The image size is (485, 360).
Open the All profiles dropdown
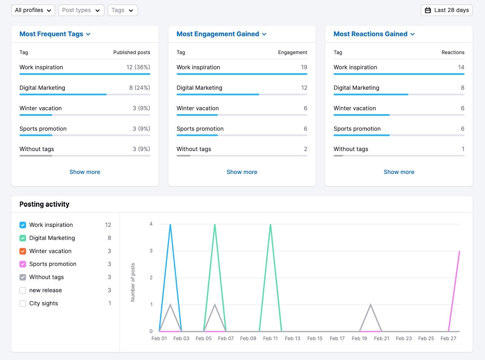pos(33,10)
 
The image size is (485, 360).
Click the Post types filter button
pos(81,10)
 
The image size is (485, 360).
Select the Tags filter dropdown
pos(122,10)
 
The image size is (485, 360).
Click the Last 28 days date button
pos(447,10)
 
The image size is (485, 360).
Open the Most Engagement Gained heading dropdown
pos(221,34)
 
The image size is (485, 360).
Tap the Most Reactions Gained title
pos(374,34)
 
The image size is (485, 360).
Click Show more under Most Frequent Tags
pos(85,172)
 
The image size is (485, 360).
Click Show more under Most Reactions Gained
pos(399,172)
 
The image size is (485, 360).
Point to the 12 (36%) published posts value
pos(138,67)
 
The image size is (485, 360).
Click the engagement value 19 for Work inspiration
pos(304,67)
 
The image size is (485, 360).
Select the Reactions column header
pos(453,52)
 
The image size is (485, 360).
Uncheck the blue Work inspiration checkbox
pos(23,225)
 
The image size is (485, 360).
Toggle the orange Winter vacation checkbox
pos(23,251)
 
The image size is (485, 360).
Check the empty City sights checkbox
pos(23,303)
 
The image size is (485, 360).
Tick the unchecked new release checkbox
pos(23,290)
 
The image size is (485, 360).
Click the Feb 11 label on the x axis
pos(270,338)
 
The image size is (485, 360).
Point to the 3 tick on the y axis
pos(151,251)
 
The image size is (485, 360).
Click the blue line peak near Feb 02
pos(170,225)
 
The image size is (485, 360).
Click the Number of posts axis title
pos(133,282)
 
